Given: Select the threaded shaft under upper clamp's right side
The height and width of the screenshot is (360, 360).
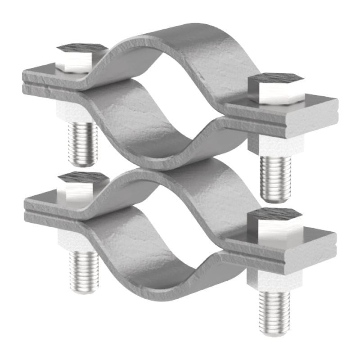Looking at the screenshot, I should tap(275, 178).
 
